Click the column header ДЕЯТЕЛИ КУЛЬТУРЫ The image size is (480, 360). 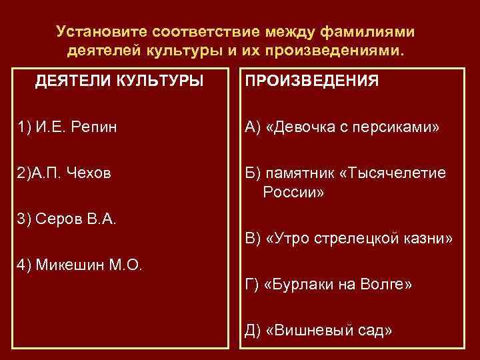click(x=119, y=81)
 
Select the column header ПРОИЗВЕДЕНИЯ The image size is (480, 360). click(x=312, y=81)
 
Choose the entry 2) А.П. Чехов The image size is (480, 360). click(x=64, y=173)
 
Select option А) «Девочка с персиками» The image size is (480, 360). click(x=343, y=127)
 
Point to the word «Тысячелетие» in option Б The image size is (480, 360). click(x=393, y=173)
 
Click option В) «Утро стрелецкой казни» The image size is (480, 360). click(x=349, y=239)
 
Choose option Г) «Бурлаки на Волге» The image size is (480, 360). click(x=329, y=285)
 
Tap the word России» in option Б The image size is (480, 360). click(x=294, y=193)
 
